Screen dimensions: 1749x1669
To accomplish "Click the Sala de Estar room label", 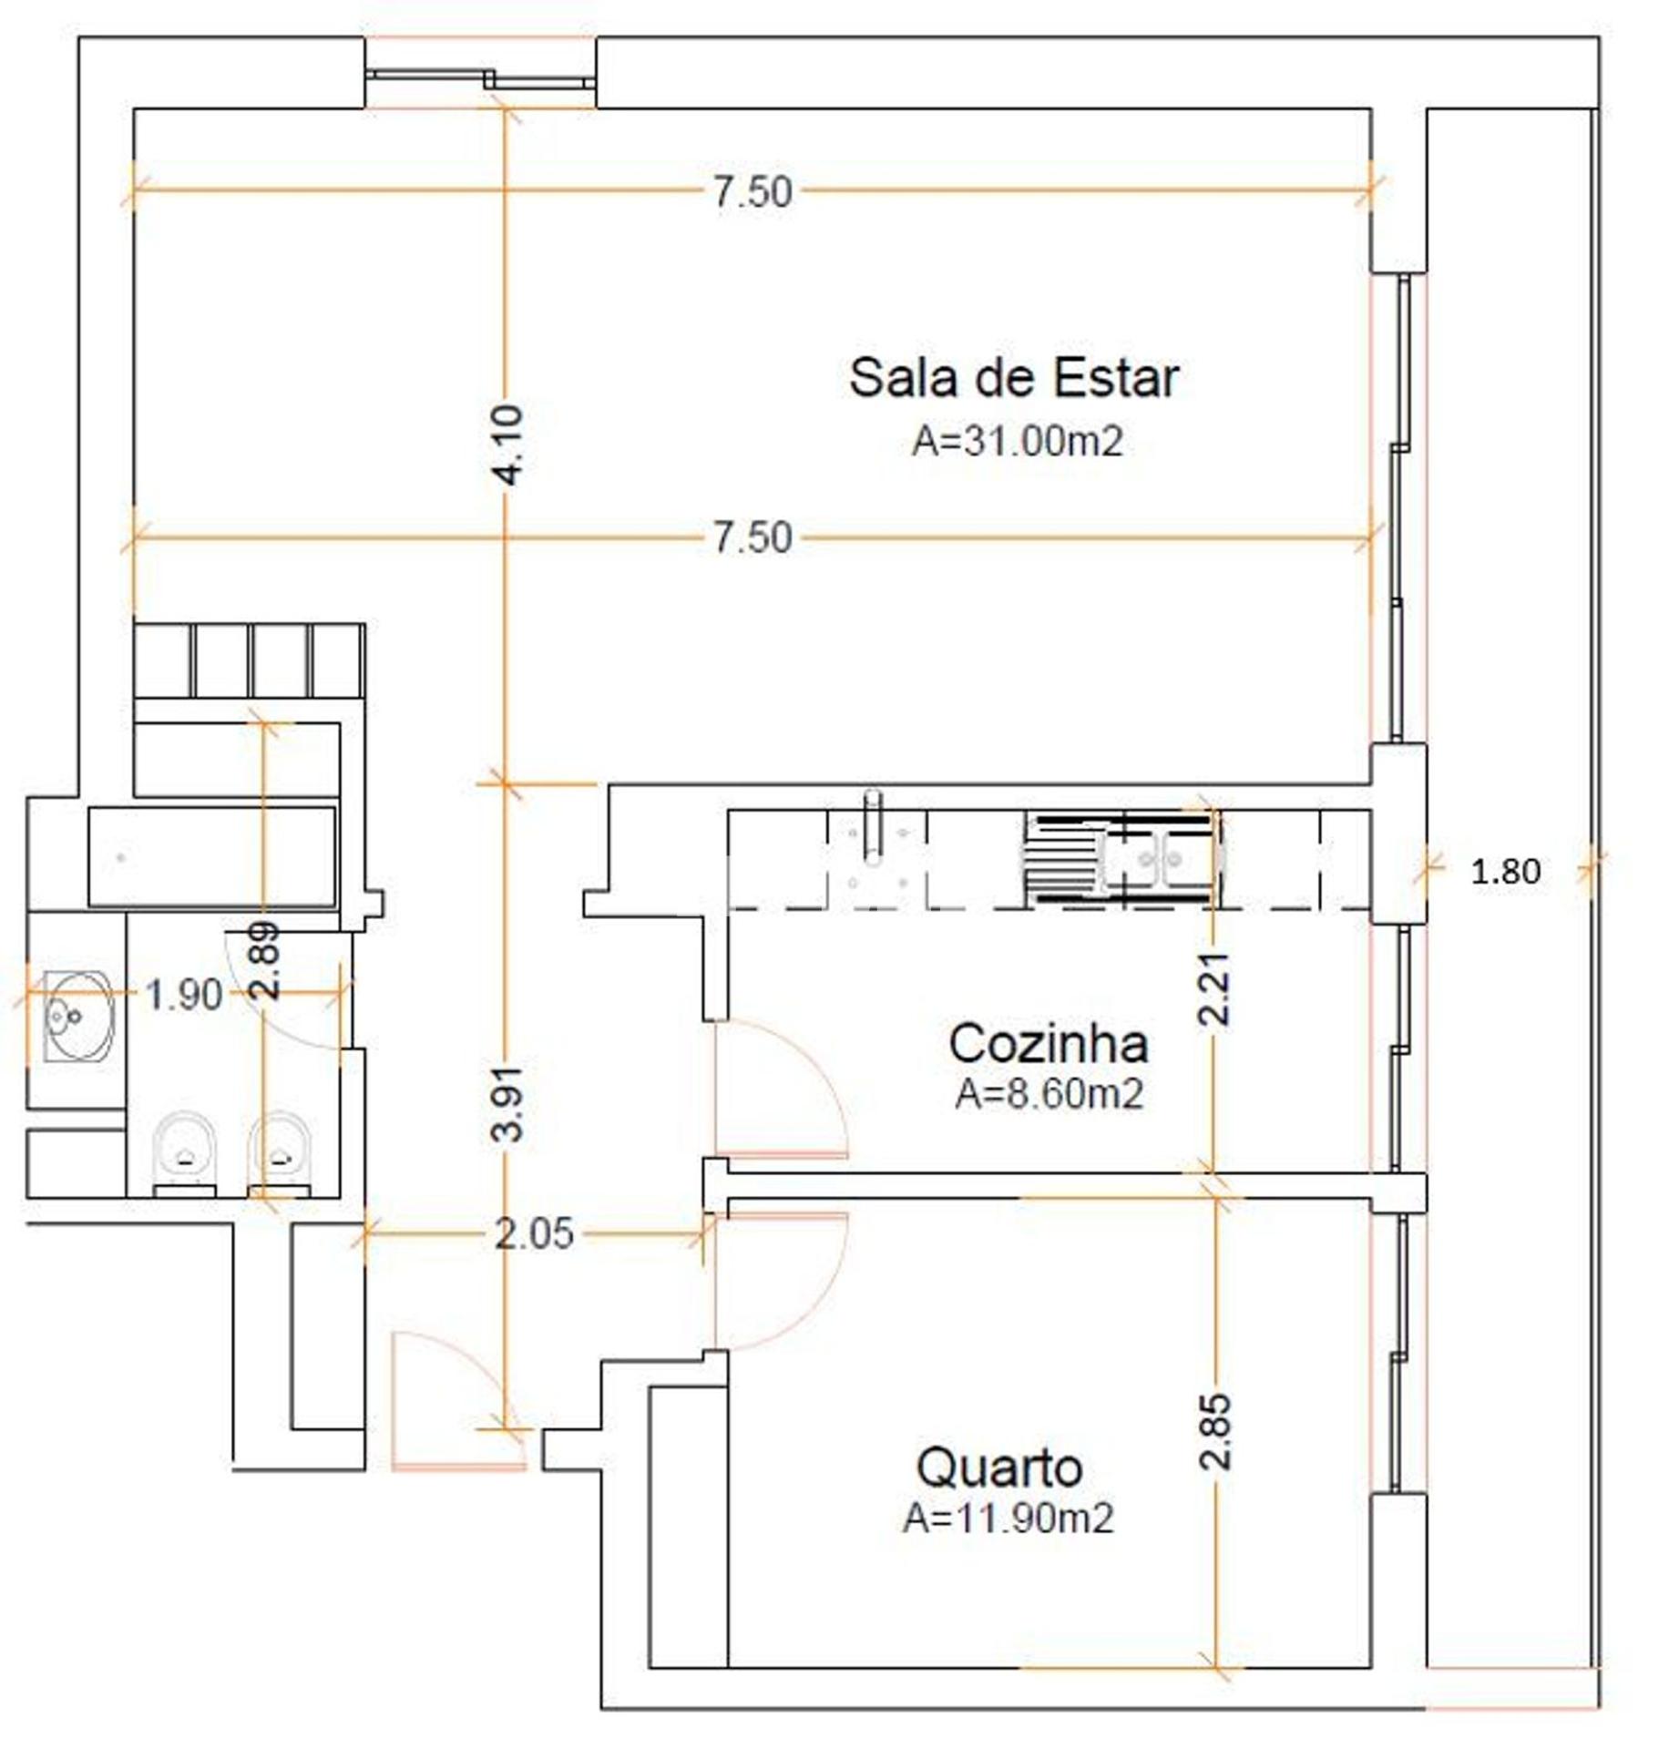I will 1013,378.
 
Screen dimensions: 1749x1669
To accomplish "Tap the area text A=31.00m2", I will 1017,442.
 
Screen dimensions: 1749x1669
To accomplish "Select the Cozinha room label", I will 1048,1044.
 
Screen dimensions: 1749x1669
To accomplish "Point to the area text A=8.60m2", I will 1049,1094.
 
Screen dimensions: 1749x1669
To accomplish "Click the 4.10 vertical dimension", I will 512,445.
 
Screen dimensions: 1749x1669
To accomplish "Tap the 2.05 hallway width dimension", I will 534,1234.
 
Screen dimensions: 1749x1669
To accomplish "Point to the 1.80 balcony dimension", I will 1505,872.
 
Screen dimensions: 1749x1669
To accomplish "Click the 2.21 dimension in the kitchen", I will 1216,988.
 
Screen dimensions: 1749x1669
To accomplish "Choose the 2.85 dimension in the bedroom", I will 1216,1431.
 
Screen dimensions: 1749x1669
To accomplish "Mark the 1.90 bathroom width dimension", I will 184,995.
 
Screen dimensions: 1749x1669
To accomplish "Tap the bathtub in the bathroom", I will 211,857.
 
